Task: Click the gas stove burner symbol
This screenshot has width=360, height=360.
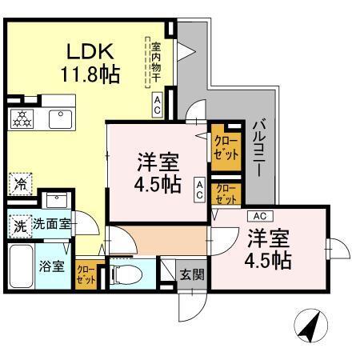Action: [22, 118]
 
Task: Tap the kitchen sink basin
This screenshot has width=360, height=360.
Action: [58, 119]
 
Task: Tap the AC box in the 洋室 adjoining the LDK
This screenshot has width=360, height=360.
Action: [198, 188]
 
